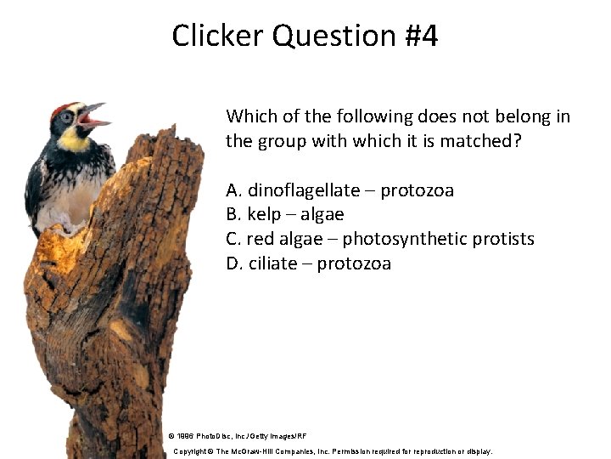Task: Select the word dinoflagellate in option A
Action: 303,190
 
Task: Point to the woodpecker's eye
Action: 66,117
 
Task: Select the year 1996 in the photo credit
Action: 186,434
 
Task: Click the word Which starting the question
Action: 248,116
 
